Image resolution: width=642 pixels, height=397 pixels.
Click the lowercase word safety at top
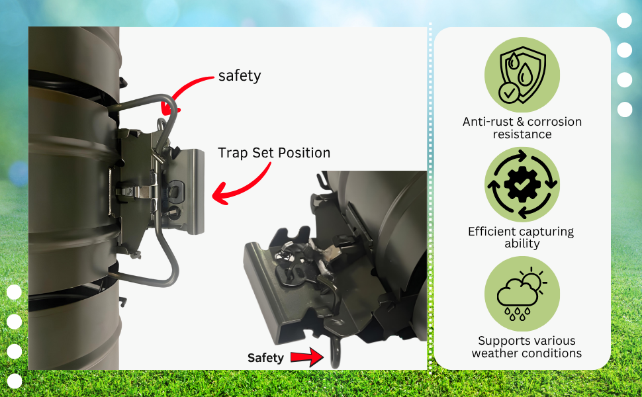(240, 75)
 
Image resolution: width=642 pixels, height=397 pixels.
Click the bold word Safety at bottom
(265, 358)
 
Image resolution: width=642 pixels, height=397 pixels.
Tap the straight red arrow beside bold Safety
(307, 357)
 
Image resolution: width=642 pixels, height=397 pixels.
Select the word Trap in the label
(233, 153)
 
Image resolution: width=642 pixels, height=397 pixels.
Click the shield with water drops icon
(522, 75)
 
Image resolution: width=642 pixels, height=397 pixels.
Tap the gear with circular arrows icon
(522, 185)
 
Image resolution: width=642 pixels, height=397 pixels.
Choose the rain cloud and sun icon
(522, 294)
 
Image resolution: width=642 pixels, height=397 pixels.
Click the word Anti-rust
(488, 122)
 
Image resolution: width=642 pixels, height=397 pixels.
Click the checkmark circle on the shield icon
(509, 93)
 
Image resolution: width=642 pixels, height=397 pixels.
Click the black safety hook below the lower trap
(335, 352)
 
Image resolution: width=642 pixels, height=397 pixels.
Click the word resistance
(522, 134)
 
